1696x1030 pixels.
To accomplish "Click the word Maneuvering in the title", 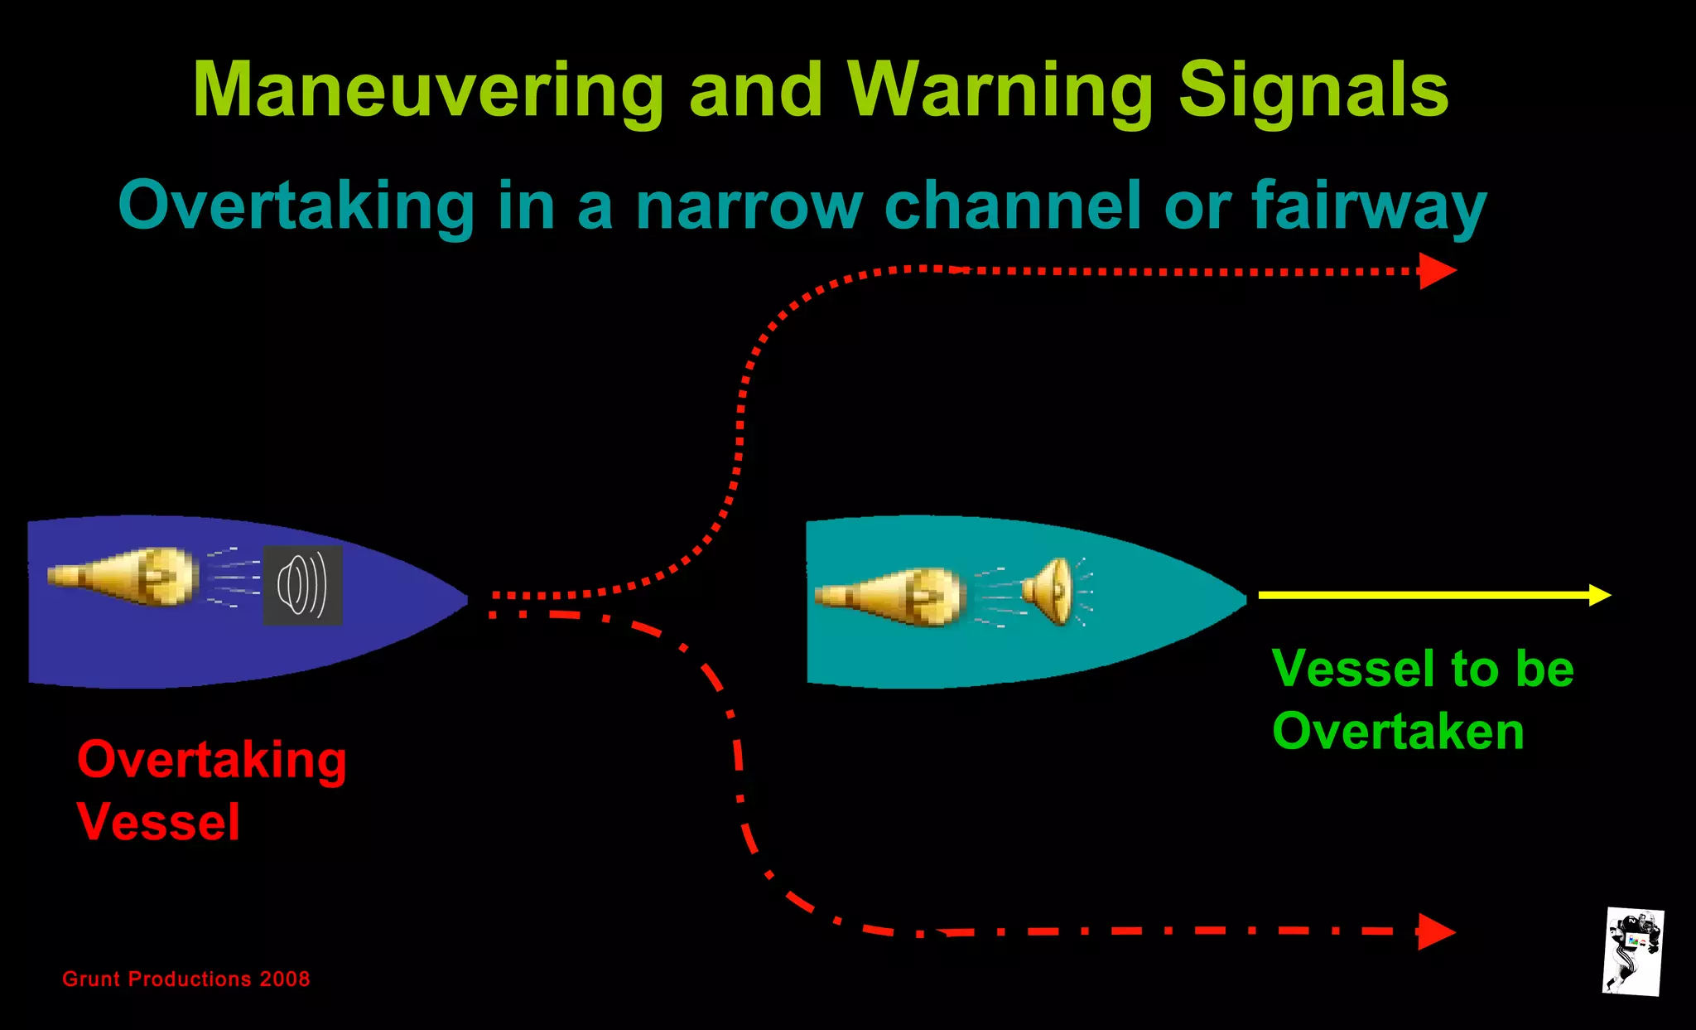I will (x=428, y=90).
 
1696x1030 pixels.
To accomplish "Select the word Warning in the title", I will (x=1000, y=90).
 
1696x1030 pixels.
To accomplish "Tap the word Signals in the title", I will (x=1313, y=90).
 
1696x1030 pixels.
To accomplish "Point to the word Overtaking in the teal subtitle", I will (x=296, y=206).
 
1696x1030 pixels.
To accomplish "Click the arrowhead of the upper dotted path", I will (x=1438, y=271).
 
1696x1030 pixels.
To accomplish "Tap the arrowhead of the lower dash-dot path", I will (x=1436, y=931).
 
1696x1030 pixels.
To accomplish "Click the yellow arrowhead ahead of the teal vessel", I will (x=1600, y=595).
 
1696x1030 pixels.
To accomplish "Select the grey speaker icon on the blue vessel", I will (x=302, y=585).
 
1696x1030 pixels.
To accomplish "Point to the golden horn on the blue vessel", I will (x=124, y=576).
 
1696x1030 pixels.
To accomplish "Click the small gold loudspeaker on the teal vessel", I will (x=1048, y=592).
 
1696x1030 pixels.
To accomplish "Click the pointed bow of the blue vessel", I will (x=460, y=598).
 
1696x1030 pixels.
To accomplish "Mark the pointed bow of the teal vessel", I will (x=1239, y=598).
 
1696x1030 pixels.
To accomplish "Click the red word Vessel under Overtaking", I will (x=158, y=822).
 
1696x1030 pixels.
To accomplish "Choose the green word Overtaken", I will (x=1398, y=732).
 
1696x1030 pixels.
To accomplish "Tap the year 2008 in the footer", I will (x=285, y=979).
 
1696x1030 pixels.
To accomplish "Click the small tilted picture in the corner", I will (x=1633, y=951).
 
